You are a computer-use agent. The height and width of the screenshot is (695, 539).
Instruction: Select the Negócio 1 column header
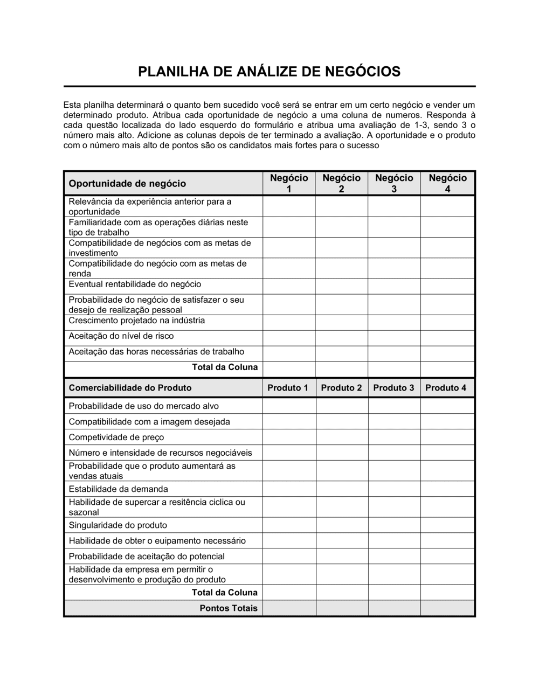coord(289,183)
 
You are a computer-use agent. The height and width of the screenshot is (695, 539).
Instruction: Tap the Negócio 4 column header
coord(447,183)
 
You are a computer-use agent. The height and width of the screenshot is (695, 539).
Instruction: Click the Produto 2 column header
coord(341,388)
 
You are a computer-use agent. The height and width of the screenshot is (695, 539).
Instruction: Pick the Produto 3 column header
coord(393,388)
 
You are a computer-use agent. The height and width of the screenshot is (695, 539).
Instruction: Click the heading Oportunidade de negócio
coord(127,184)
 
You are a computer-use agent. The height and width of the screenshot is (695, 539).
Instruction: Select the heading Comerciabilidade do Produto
coord(130,388)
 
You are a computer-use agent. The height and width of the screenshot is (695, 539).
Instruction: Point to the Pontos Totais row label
coord(229,608)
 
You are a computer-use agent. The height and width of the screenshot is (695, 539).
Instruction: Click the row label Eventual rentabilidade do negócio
coord(135,284)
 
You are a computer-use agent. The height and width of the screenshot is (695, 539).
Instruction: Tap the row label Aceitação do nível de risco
coord(121,336)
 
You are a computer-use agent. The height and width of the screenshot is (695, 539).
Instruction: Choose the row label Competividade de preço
coord(116,437)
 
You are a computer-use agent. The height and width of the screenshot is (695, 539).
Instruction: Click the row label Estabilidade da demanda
coord(119,489)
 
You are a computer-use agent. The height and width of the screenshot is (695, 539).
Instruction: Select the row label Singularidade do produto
coord(118,525)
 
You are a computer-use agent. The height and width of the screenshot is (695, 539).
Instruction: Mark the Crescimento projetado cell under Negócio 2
coord(341,323)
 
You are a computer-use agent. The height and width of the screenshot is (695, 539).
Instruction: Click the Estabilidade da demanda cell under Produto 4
coord(447,489)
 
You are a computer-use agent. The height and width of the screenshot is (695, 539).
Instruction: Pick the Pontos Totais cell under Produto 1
coord(289,608)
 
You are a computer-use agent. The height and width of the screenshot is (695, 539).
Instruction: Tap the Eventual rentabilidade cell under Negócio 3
coord(394,286)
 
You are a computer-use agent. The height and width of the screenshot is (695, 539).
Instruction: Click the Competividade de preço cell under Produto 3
coord(394,437)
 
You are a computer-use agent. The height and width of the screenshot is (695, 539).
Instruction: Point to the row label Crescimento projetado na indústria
coord(137,321)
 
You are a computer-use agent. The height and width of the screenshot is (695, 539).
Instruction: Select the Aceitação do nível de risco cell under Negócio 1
coord(289,338)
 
